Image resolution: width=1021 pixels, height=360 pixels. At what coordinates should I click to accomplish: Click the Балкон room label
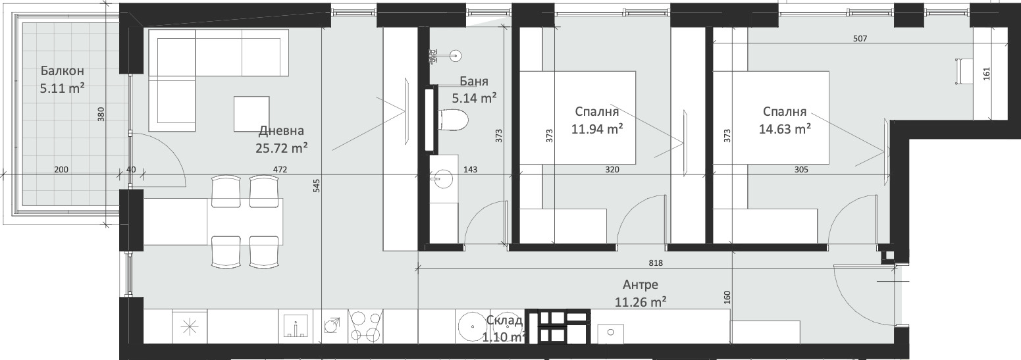tap(62, 70)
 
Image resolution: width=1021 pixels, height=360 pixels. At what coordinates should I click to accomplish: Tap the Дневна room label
tap(281, 131)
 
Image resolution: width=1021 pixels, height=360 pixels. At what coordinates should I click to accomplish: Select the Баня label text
tap(474, 81)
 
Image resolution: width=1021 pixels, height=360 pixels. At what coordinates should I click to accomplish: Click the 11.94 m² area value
tap(597, 129)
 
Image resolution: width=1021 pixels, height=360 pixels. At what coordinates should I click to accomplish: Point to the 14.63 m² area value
tap(785, 129)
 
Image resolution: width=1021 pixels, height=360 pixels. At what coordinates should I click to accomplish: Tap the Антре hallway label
tap(641, 284)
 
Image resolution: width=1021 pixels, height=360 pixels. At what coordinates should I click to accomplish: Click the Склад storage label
tap(504, 321)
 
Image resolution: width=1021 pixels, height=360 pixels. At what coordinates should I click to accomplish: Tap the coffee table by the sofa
tap(251, 114)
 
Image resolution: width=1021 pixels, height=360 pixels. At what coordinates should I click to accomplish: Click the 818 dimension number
tap(656, 263)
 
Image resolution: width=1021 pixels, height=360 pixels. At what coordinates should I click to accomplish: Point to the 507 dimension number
tap(860, 39)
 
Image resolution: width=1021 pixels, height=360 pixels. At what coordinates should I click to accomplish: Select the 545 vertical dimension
tap(317, 186)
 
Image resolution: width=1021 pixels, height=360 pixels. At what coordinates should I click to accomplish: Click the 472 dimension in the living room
tap(280, 170)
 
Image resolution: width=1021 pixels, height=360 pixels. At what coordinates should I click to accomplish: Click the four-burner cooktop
tap(365, 326)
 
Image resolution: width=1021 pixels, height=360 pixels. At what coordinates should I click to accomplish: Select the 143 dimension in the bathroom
tap(471, 170)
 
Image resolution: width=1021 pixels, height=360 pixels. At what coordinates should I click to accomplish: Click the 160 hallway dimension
tap(727, 297)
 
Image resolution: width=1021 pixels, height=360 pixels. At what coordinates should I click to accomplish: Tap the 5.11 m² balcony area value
tap(62, 88)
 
